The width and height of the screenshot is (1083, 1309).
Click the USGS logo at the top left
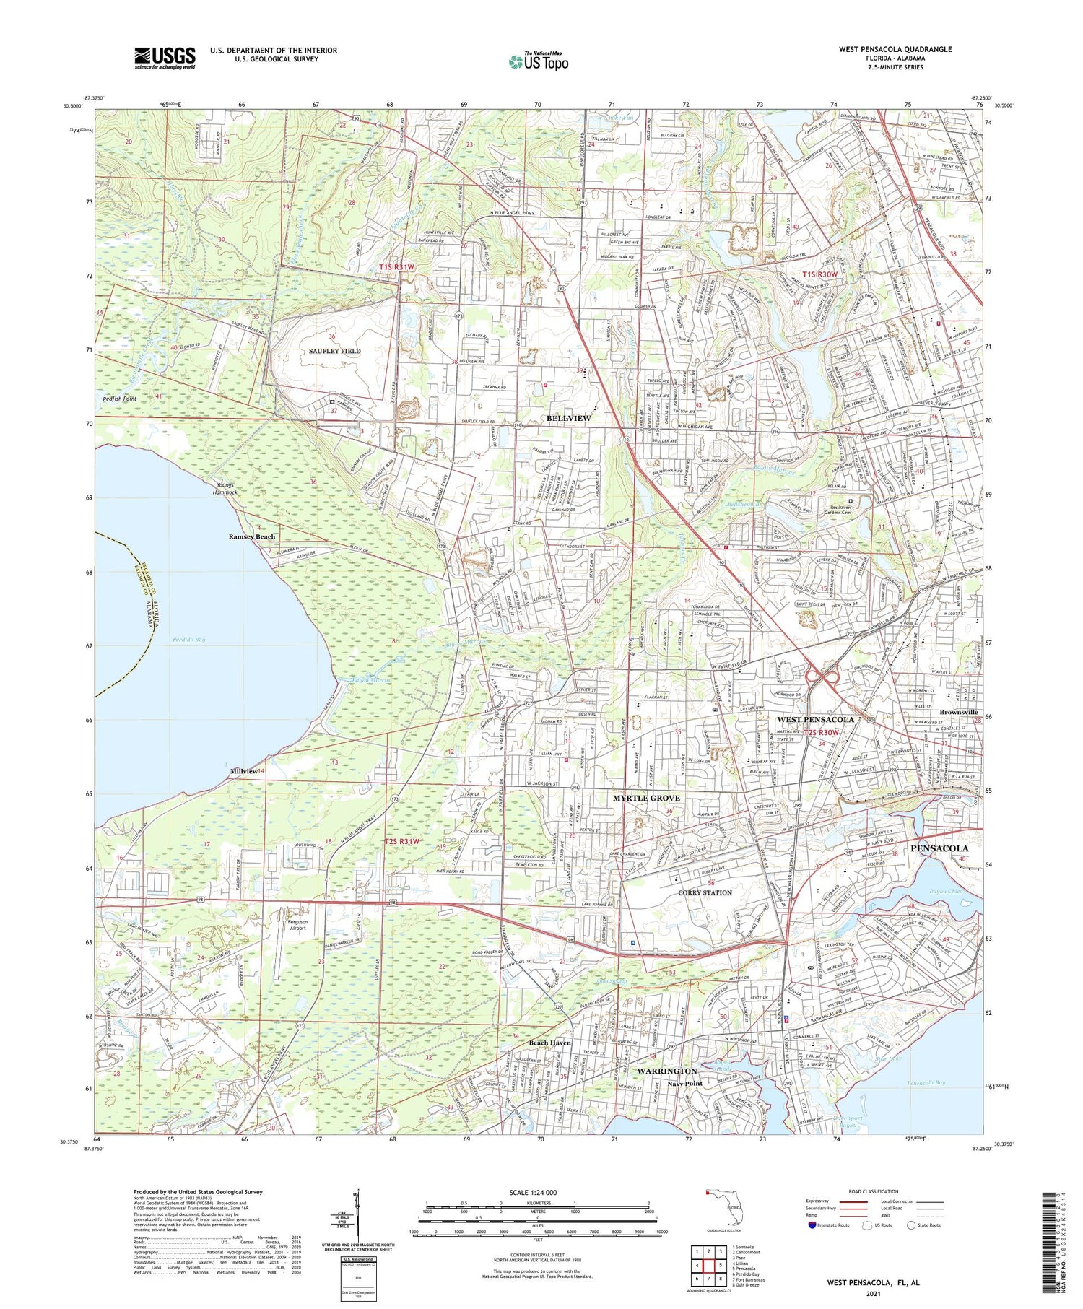[165, 58]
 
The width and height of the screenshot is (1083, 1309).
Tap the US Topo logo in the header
[538, 61]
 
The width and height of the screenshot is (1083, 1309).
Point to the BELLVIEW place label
[568, 418]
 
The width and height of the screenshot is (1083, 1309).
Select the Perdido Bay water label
[189, 640]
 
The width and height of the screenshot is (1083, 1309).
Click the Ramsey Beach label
[252, 537]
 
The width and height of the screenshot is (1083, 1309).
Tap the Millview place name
[243, 772]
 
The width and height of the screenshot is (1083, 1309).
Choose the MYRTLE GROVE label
[646, 798]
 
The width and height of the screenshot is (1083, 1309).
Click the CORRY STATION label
[705, 893]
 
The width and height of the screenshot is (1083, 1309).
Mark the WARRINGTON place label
[666, 1071]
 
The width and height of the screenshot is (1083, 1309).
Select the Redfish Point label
[120, 399]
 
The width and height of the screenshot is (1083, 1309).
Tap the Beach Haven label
[549, 1043]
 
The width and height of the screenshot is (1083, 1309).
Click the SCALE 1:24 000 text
[537, 1192]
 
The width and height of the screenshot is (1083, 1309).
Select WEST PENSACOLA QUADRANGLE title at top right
[895, 49]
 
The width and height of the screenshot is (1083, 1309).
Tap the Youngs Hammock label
[227, 489]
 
